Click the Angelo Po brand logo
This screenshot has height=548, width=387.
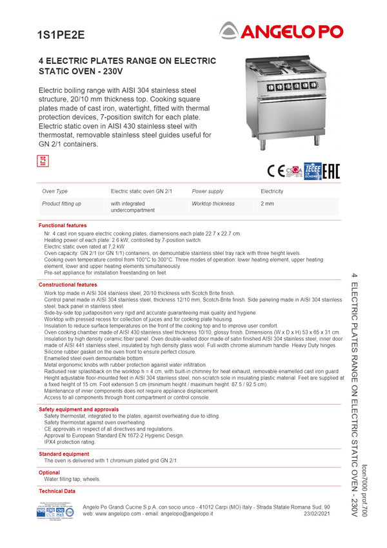click(282, 30)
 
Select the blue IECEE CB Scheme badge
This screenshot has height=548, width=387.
click(312, 170)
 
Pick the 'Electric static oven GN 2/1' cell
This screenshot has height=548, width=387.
click(141, 192)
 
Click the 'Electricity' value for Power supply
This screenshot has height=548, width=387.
click(272, 192)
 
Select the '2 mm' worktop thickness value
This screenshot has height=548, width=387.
click(267, 204)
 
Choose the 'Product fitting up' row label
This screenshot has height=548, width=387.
click(61, 204)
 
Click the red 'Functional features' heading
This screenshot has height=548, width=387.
click(63, 225)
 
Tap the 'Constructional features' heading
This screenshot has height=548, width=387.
click(68, 285)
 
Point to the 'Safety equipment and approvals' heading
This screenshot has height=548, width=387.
click(79, 409)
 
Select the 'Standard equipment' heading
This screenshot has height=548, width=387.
click(64, 454)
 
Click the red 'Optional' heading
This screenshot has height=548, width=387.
click(49, 473)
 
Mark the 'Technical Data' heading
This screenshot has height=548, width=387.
click(57, 491)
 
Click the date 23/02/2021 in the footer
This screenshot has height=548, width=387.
click(317, 514)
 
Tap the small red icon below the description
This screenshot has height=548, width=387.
click(43, 161)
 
